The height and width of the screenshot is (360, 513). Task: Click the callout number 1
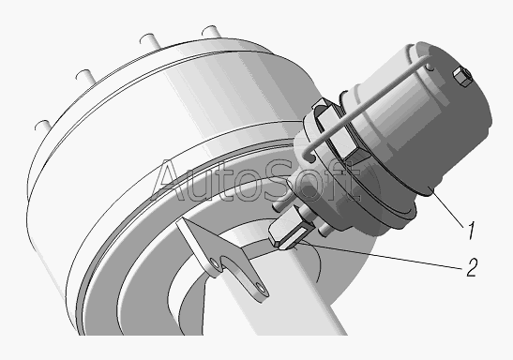tap(471, 231)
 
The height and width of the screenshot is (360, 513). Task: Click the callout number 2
tap(472, 267)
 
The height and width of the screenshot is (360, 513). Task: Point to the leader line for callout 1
tap(447, 208)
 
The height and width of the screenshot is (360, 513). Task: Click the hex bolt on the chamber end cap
tap(461, 77)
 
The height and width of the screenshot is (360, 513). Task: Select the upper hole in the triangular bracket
tap(215, 263)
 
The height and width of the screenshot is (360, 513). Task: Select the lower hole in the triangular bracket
tap(262, 288)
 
